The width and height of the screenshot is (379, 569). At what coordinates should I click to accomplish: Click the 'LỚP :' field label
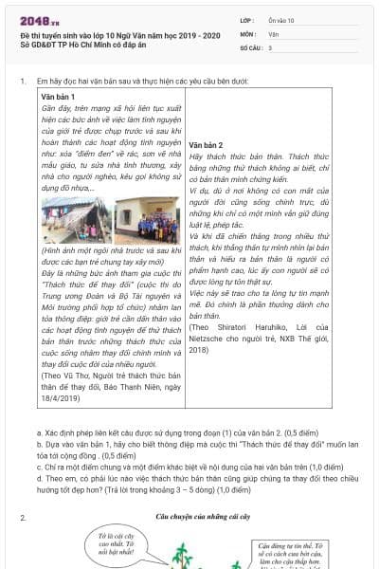[248, 20]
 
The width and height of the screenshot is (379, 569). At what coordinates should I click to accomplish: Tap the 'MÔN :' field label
[248, 33]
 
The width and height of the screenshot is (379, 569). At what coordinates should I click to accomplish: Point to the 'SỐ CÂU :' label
[252, 46]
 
